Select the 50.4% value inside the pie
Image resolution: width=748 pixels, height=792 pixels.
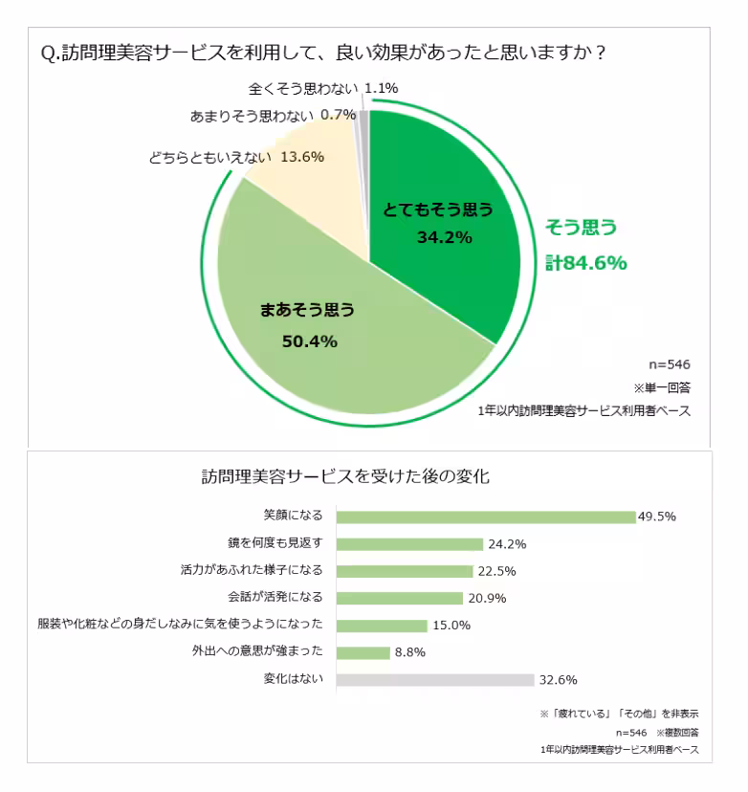click(309, 341)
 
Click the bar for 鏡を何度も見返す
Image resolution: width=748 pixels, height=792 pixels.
click(410, 543)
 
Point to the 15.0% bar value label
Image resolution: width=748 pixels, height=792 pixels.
click(451, 626)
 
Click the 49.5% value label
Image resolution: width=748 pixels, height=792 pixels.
click(657, 517)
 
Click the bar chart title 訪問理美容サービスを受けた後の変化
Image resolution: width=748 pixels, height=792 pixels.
click(345, 476)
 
